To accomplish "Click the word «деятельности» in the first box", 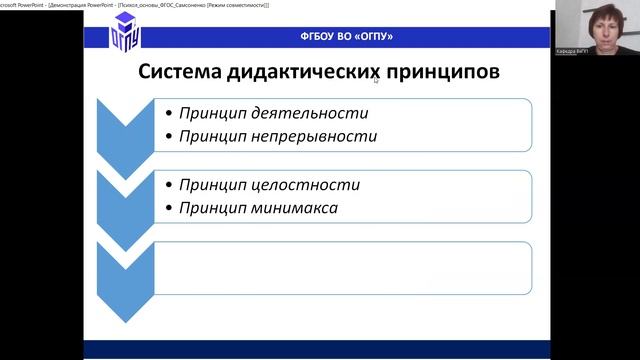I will pyautogui.click(x=312, y=113).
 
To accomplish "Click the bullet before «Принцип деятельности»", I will pyautogui.click(x=168, y=113).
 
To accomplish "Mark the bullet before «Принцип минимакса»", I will pyautogui.click(x=168, y=208).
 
